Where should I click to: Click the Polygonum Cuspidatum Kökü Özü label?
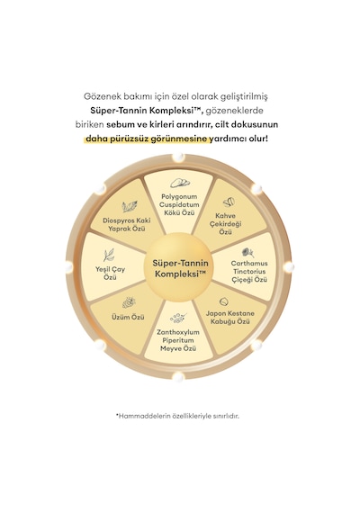(x=179, y=204)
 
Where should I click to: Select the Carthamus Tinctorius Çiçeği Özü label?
(x=249, y=271)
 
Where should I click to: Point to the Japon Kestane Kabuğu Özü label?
(x=230, y=318)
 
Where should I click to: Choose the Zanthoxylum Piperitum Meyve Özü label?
(x=178, y=340)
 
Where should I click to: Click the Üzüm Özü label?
(x=128, y=317)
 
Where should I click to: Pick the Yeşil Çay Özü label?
(x=111, y=274)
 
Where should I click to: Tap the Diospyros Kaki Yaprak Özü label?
(x=127, y=224)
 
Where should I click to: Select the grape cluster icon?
(x=129, y=302)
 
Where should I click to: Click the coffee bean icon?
(x=229, y=202)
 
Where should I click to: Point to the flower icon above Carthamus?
(x=247, y=252)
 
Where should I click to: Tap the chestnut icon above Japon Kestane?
(x=224, y=301)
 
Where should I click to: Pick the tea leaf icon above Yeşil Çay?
(x=109, y=256)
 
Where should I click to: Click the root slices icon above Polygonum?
(x=180, y=184)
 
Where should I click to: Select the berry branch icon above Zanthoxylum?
(x=178, y=318)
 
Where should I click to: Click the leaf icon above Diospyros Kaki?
(x=130, y=207)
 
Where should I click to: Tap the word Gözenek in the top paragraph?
(x=98, y=96)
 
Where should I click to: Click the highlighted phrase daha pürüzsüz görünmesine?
(x=147, y=139)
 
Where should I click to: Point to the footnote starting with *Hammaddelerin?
(x=177, y=417)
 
